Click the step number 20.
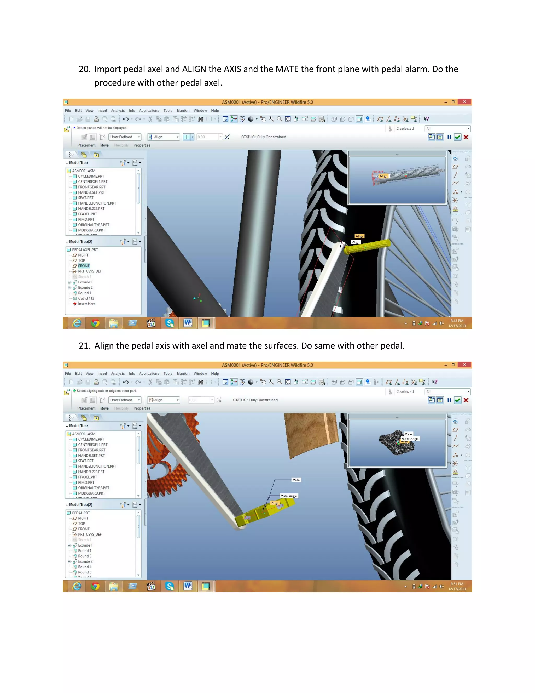tap(84, 69)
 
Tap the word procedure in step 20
tap(117, 83)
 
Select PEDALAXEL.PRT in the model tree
tap(85, 250)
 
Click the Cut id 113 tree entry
tap(86, 298)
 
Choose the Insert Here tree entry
tap(86, 304)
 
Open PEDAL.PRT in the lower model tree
tap(81, 513)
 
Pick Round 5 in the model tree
tap(85, 572)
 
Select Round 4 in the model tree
tap(85, 567)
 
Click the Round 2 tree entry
tap(85, 556)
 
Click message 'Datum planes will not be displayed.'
tap(101, 128)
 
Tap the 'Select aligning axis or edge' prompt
tap(106, 391)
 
